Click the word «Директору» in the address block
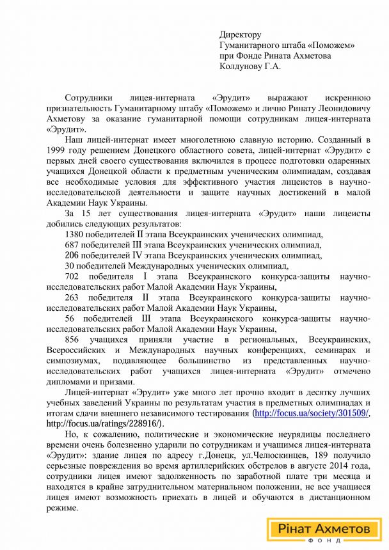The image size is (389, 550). tap(241, 34)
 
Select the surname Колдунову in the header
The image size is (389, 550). tap(242, 65)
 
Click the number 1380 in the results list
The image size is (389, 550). tap(75, 235)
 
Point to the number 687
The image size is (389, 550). tap(73, 245)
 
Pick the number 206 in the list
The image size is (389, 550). tap(73, 255)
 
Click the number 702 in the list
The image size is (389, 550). tap(73, 276)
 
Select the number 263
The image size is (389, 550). tap(73, 297)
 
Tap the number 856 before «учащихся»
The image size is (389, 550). tap(73, 340)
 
